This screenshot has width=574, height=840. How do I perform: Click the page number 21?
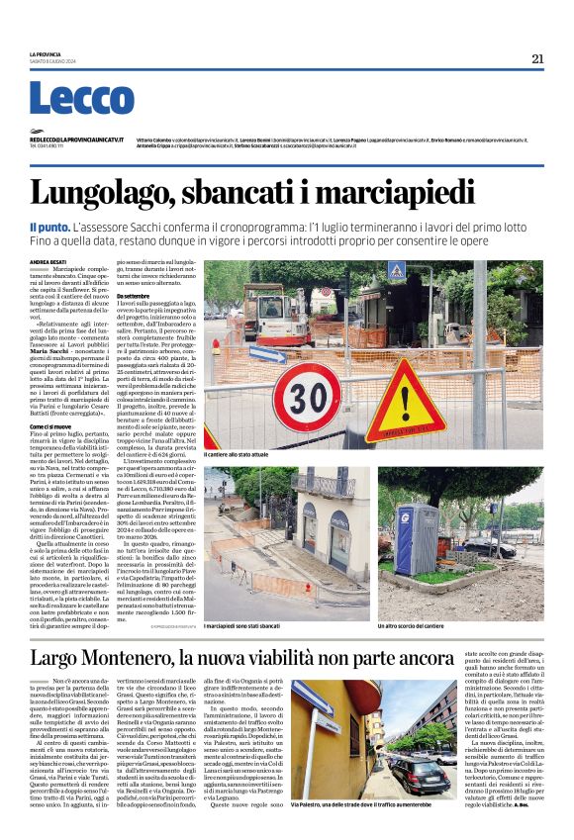pos(537,58)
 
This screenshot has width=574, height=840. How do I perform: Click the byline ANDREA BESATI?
pos(47,261)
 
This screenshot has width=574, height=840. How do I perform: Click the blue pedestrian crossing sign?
pos(397,270)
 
